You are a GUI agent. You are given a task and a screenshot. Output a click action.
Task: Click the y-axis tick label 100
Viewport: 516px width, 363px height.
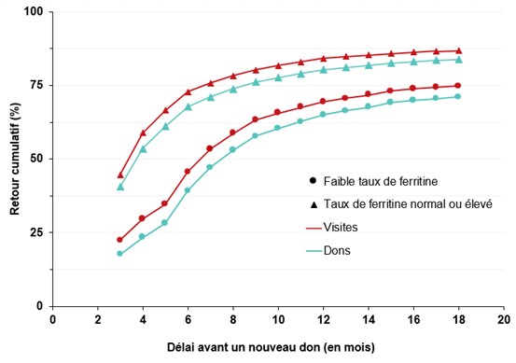coord(35,12)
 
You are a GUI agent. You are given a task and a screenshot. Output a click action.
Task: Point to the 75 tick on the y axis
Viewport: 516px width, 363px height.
coord(37,85)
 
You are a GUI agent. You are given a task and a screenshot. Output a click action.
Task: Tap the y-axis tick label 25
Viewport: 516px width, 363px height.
coord(37,232)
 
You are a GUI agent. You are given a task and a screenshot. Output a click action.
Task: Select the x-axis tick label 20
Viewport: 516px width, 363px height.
coord(503,319)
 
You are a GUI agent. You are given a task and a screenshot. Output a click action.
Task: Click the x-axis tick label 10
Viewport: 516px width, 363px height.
coord(278,319)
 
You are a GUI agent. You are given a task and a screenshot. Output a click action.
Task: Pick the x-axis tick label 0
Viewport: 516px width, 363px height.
coord(52,319)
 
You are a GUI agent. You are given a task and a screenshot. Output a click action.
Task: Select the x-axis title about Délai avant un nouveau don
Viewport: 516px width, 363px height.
coord(277,347)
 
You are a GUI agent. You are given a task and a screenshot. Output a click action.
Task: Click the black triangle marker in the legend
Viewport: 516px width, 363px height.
coord(310,203)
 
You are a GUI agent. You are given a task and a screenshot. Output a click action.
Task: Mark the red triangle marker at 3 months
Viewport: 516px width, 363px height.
coord(120,175)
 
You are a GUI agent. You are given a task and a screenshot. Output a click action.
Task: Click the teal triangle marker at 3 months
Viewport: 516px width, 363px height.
coord(120,187)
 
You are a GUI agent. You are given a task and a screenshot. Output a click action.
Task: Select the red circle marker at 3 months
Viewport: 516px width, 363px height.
coord(120,240)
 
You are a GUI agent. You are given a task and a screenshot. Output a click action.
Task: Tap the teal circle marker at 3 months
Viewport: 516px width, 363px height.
coord(120,253)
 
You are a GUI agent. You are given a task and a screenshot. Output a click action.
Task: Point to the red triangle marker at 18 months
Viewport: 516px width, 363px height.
coord(458,50)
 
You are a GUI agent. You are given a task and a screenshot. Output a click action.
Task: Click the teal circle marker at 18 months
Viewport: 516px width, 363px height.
coord(458,96)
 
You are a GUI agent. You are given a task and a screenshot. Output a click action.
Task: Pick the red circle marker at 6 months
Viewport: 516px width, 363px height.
coord(188,172)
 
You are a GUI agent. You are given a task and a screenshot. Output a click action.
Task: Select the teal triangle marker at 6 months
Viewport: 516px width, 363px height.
coord(188,106)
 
